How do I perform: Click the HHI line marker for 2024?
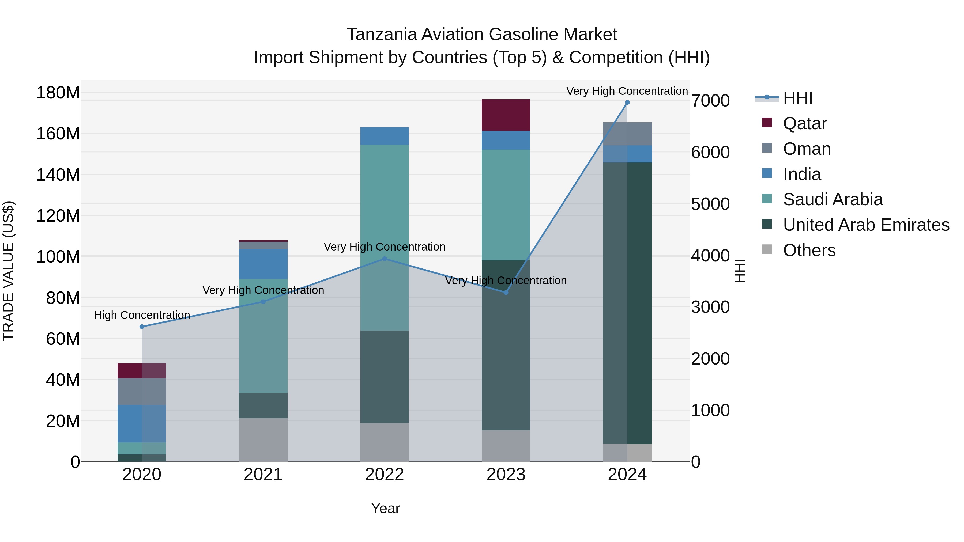(x=627, y=103)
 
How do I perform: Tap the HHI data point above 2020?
(x=142, y=327)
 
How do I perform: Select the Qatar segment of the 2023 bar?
(x=506, y=115)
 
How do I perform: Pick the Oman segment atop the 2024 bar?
(x=627, y=134)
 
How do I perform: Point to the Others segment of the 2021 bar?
(x=263, y=439)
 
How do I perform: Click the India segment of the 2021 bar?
(x=263, y=264)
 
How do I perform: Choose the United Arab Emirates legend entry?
(x=866, y=225)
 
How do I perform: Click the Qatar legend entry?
(x=805, y=123)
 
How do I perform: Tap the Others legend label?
(x=809, y=250)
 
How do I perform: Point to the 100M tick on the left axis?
(x=58, y=257)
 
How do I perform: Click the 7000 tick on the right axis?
(x=710, y=101)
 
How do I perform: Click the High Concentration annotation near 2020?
(x=142, y=315)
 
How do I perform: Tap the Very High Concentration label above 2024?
(x=627, y=91)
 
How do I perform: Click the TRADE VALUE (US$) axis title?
(x=8, y=271)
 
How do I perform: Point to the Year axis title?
(x=385, y=508)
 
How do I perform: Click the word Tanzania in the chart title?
(x=381, y=35)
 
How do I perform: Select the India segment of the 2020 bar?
(x=142, y=423)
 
